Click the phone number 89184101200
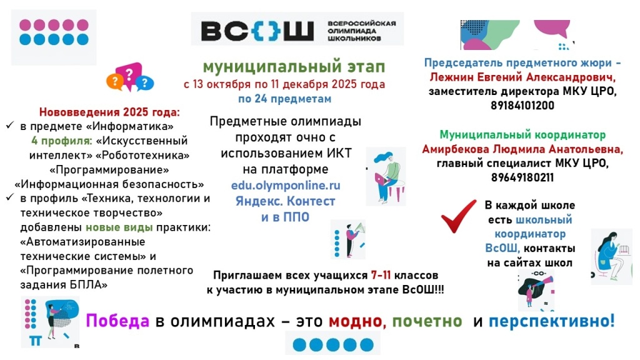pyautogui.click(x=522, y=106)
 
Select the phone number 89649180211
pyautogui.click(x=522, y=177)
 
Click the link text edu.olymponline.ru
pyautogui.click(x=286, y=186)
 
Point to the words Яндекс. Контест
pyautogui.click(x=286, y=201)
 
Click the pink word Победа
pyautogui.click(x=117, y=321)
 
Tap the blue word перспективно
pyautogui.click(x=551, y=321)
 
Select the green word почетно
pyautogui.click(x=427, y=321)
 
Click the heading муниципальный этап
pyautogui.click(x=294, y=67)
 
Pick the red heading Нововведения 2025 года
pyautogui.click(x=109, y=112)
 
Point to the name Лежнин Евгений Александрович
pyautogui.click(x=522, y=77)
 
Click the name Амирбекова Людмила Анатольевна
pyautogui.click(x=522, y=149)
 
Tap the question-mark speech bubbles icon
pyautogui.click(x=130, y=77)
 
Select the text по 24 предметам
pyautogui.click(x=284, y=99)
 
